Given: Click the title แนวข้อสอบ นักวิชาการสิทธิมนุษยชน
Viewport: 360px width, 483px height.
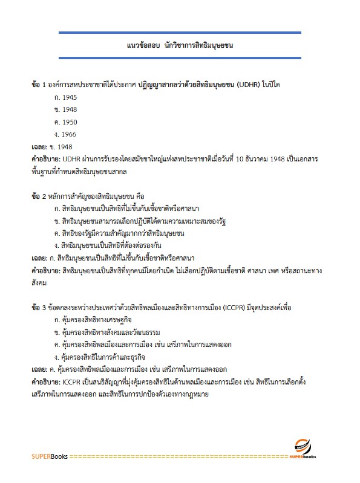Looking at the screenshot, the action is point(180,45).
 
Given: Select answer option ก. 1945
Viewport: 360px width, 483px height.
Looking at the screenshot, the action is point(65,97).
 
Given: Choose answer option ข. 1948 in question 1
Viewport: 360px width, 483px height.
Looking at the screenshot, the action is point(65,109).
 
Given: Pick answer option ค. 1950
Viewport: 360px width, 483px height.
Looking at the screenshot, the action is point(65,122).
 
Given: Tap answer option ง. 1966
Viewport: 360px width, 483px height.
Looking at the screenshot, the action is point(65,134).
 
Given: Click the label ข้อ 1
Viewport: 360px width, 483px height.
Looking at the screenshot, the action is point(41,85).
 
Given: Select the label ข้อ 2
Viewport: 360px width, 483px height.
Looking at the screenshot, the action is point(41,196).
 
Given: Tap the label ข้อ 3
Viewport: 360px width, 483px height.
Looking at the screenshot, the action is point(41,308).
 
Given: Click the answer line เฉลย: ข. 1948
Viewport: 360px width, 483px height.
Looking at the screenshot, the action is point(52,146).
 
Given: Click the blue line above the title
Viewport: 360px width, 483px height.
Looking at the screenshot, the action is point(180,32).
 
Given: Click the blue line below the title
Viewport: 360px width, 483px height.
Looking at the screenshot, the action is point(180,58).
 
